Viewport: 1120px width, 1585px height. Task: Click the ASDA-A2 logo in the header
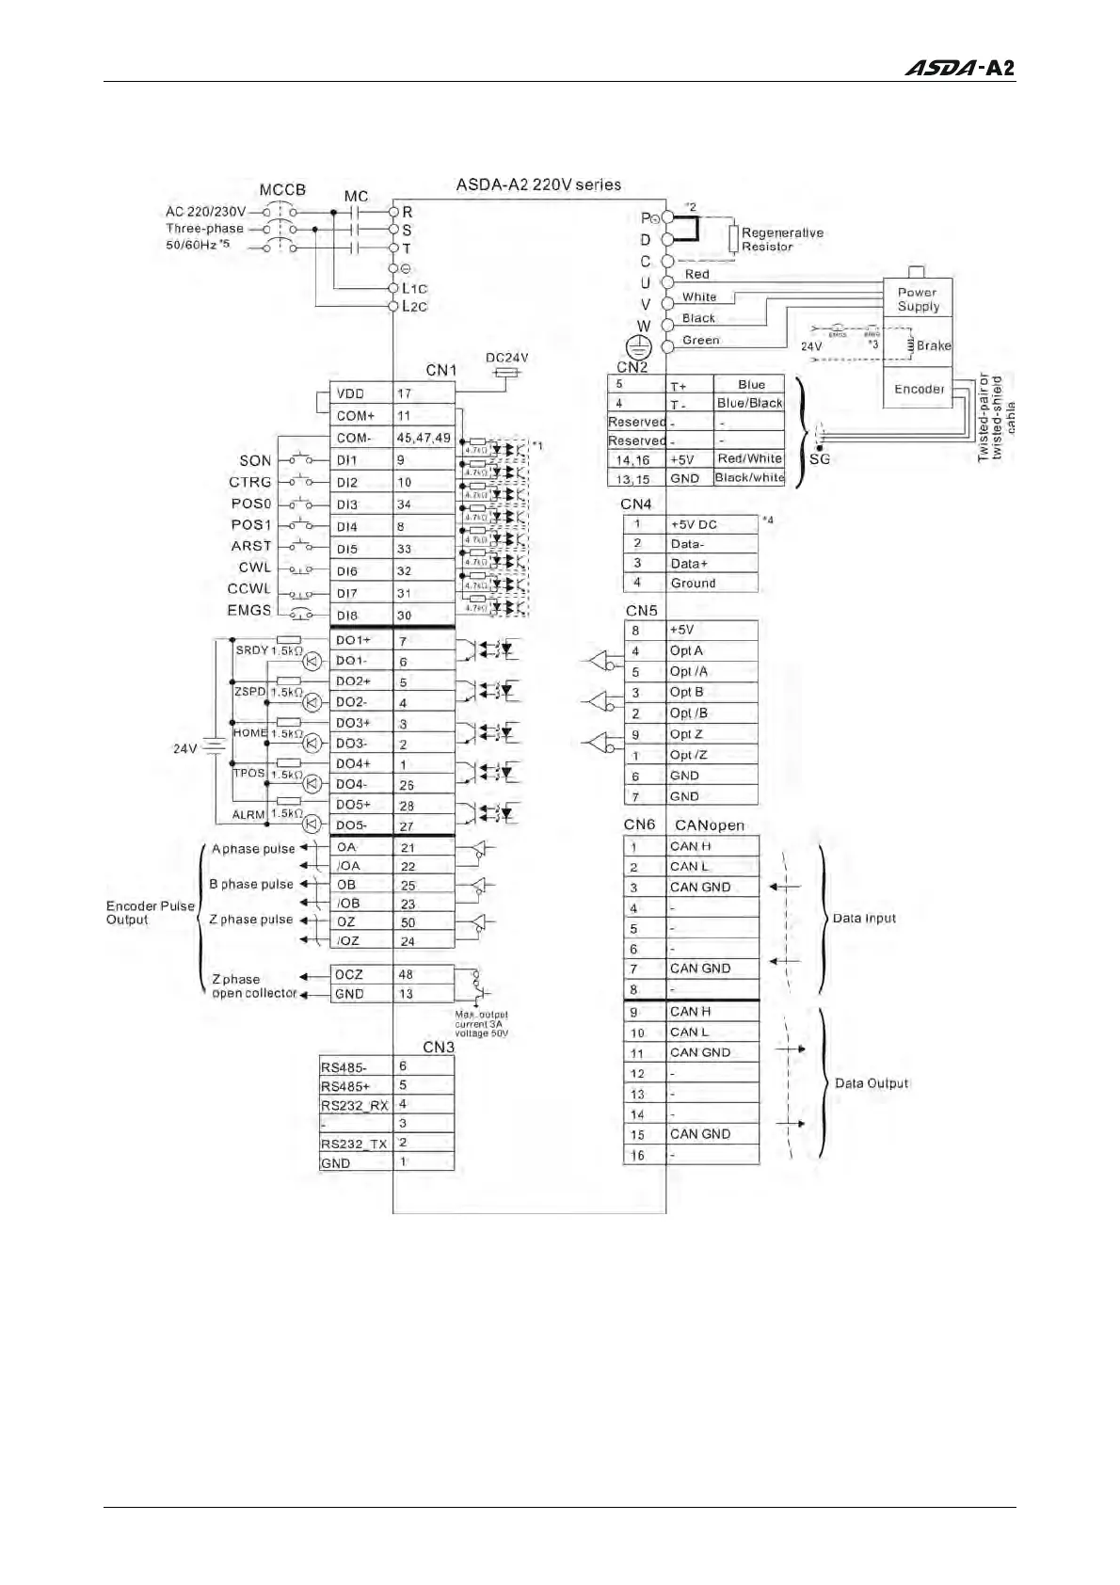pos(959,68)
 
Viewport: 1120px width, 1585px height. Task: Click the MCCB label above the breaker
pos(282,189)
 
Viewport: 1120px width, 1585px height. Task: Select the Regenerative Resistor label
pos(781,239)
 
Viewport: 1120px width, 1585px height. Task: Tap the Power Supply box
pos(918,298)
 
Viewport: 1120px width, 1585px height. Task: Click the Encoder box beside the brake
pos(919,389)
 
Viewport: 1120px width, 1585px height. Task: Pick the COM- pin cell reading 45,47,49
pos(424,438)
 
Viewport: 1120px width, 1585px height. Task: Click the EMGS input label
pos(249,610)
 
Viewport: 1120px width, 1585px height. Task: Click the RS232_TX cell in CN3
pos(354,1144)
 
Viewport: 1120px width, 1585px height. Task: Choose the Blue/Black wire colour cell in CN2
pos(749,403)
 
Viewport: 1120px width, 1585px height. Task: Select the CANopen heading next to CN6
pos(710,825)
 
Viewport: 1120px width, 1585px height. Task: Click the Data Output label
pos(872,1083)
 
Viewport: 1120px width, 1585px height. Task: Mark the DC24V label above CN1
pos(506,358)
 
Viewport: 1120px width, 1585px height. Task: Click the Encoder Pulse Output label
pos(150,912)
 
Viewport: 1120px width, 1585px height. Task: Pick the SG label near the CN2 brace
pos(820,459)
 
